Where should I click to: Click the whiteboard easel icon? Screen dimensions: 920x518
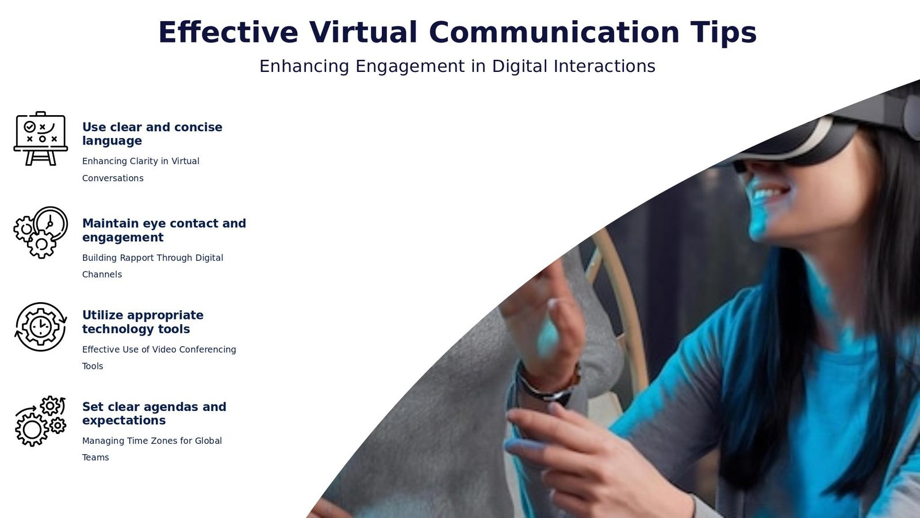41,139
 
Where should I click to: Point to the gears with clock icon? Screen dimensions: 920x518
41,233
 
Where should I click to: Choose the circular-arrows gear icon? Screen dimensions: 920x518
41,327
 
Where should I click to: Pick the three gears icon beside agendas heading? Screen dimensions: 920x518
41,421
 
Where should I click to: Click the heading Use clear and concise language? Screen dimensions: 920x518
152,134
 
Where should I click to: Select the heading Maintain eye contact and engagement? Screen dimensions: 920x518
164,230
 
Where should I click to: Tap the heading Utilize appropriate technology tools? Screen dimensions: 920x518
143,322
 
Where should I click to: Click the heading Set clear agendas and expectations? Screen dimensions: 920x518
154,414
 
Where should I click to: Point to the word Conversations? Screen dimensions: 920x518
113,178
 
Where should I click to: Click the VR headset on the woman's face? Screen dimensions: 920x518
817,132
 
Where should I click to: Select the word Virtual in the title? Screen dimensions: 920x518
363,32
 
